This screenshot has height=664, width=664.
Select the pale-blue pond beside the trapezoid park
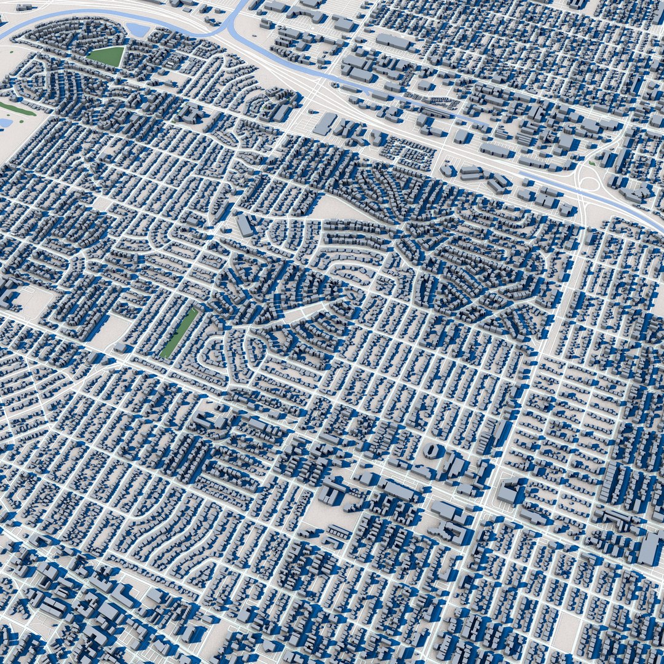pyautogui.click(x=138, y=29)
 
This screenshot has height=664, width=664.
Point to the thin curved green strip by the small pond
pyautogui.click(x=16, y=109)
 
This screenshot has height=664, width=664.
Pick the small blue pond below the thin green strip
pyautogui.click(x=5, y=123)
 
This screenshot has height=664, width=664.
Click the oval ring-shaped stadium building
pyautogui.click(x=433, y=451)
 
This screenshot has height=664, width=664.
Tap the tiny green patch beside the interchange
pyautogui.click(x=591, y=164)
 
